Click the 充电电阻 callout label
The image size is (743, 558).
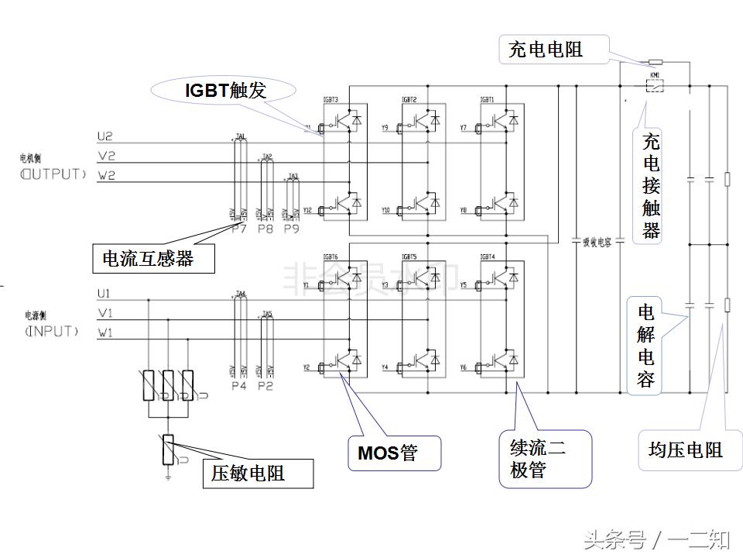[546, 50]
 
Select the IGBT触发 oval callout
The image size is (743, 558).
[224, 91]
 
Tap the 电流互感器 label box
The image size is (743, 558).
[153, 259]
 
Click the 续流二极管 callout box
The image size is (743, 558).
[545, 459]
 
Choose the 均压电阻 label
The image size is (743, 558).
[685, 449]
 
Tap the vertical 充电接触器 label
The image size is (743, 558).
[652, 186]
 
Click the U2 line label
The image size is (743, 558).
[105, 136]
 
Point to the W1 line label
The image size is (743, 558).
[105, 333]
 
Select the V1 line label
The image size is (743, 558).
[105, 314]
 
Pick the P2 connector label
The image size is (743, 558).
[265, 385]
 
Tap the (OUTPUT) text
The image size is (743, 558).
[53, 174]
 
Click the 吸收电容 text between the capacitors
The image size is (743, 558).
[597, 242]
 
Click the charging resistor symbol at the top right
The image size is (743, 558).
[655, 61]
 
